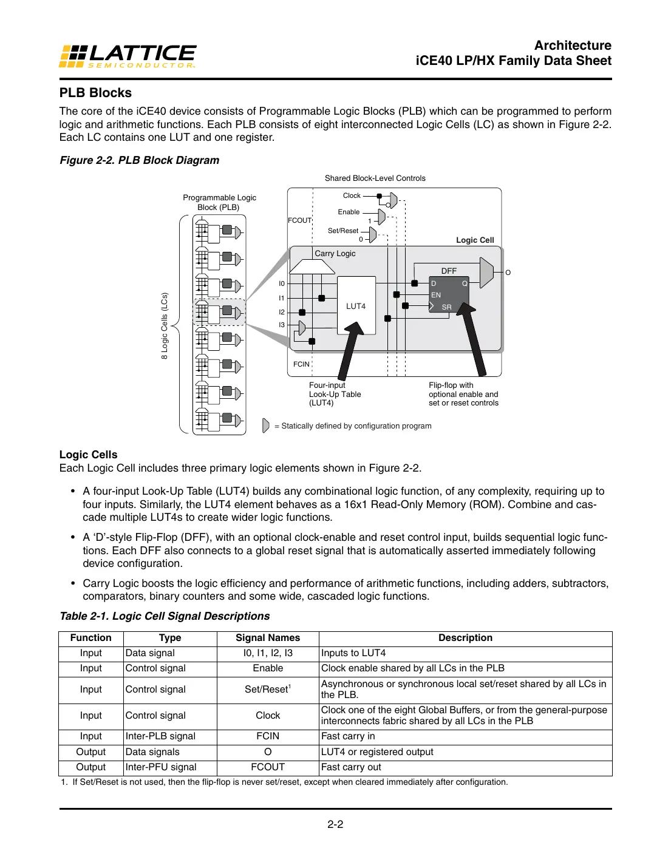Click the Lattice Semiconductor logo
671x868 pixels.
click(x=128, y=56)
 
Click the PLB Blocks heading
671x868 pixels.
click(x=95, y=93)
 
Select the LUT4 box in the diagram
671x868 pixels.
click(x=356, y=306)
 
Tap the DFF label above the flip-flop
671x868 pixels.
click(x=449, y=271)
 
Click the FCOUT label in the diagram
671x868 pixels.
click(x=299, y=220)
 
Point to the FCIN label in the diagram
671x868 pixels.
click(x=301, y=364)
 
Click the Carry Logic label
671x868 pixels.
click(x=335, y=254)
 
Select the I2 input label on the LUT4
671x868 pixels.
click(x=282, y=312)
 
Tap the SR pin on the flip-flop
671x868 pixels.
click(x=446, y=307)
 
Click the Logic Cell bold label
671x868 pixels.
click(x=475, y=240)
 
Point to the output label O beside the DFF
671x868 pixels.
click(x=508, y=273)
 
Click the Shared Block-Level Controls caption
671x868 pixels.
click(x=375, y=178)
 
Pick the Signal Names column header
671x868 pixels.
click(x=268, y=638)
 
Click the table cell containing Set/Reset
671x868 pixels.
click(x=268, y=690)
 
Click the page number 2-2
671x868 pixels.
click(x=335, y=824)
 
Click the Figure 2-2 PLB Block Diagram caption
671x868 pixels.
click(x=139, y=160)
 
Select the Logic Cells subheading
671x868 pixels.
click(x=88, y=455)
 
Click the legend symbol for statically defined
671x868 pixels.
click(x=265, y=426)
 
